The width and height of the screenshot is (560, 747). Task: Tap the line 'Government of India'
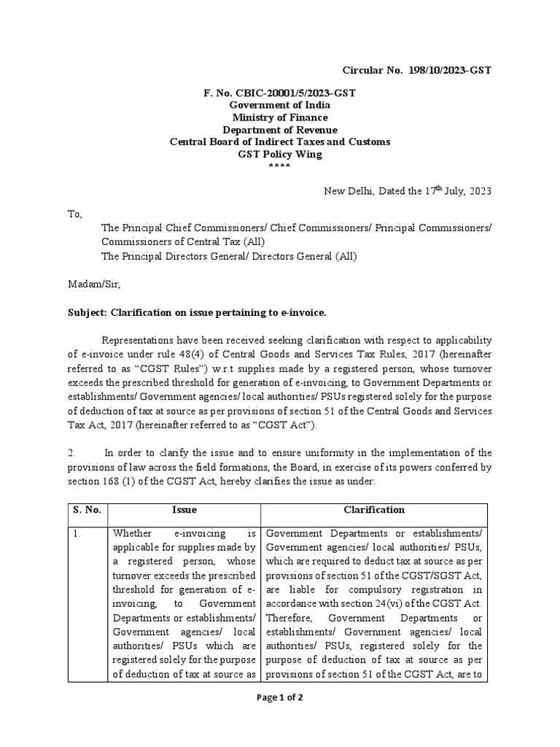click(x=280, y=106)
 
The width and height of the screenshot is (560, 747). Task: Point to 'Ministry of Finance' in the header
click(x=280, y=117)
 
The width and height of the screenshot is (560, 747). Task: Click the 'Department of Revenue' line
click(x=280, y=129)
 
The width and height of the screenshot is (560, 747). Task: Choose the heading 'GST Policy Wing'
click(x=280, y=153)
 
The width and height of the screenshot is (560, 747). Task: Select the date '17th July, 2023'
click(x=458, y=191)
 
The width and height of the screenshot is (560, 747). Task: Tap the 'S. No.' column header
click(x=87, y=511)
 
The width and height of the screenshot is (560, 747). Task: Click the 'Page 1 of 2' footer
click(x=280, y=697)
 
